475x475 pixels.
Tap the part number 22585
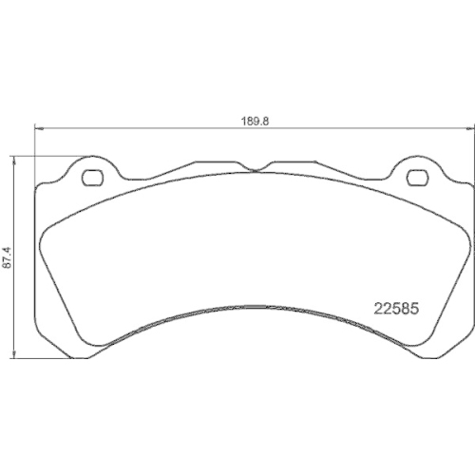[x=391, y=308]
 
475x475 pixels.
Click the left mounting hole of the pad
[x=92, y=176]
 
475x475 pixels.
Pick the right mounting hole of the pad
[x=415, y=177]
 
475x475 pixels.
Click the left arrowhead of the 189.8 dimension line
[x=38, y=129]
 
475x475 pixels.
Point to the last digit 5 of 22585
[x=414, y=308]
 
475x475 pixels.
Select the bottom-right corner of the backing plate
[x=466, y=353]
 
